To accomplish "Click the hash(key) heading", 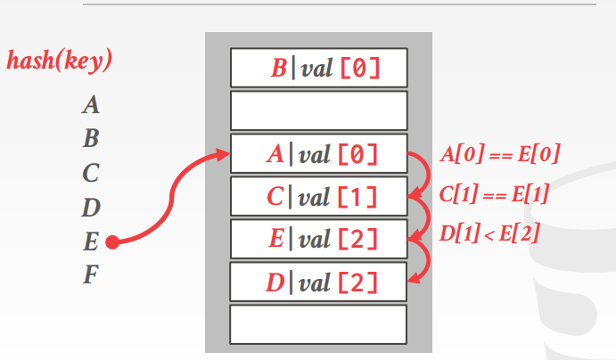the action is pyautogui.click(x=59, y=61).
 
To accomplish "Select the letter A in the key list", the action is pyautogui.click(x=90, y=106).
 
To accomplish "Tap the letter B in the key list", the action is pyautogui.click(x=90, y=140).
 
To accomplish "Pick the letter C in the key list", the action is pyautogui.click(x=90, y=173).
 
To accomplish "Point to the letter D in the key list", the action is pyautogui.click(x=90, y=208).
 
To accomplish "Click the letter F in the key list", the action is pyautogui.click(x=90, y=275).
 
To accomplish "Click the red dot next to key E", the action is pyautogui.click(x=112, y=241).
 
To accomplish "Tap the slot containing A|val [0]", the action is pyautogui.click(x=318, y=154).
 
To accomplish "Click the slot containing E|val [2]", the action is pyautogui.click(x=318, y=239).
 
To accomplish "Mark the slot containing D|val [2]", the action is pyautogui.click(x=318, y=282).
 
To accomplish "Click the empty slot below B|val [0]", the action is pyautogui.click(x=318, y=111).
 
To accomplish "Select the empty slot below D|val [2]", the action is pyautogui.click(x=318, y=324).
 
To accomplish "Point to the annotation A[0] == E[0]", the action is pyautogui.click(x=500, y=154).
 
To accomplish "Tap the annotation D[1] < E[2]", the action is pyautogui.click(x=489, y=235).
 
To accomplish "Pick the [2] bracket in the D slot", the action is pyautogui.click(x=357, y=283).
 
